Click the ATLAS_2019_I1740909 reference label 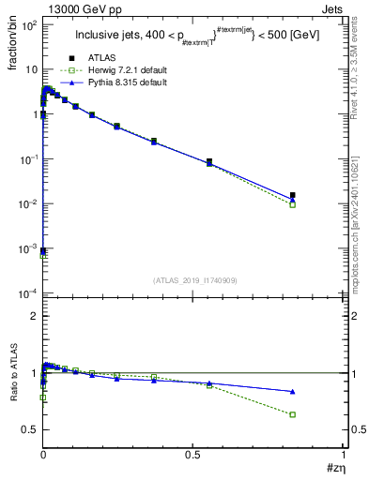(194, 280)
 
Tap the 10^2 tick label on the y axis (29, 25)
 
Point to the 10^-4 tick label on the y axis (29, 294)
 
